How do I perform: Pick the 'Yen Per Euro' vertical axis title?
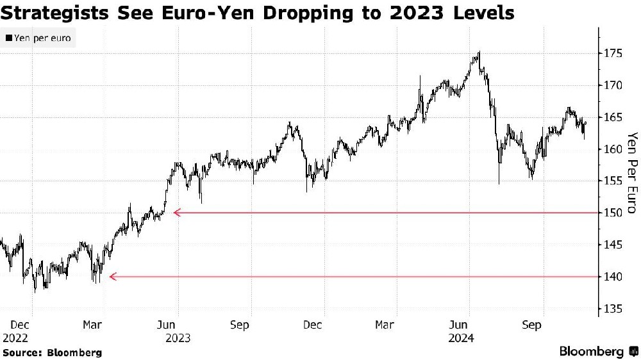coord(633,173)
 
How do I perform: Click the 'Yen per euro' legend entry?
coord(38,38)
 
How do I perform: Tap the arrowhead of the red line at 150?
coord(177,213)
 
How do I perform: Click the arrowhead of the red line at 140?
coord(113,277)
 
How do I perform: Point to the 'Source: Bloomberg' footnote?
coord(53,352)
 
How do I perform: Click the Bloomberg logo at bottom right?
coord(599,352)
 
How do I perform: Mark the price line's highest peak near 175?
coord(479,52)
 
